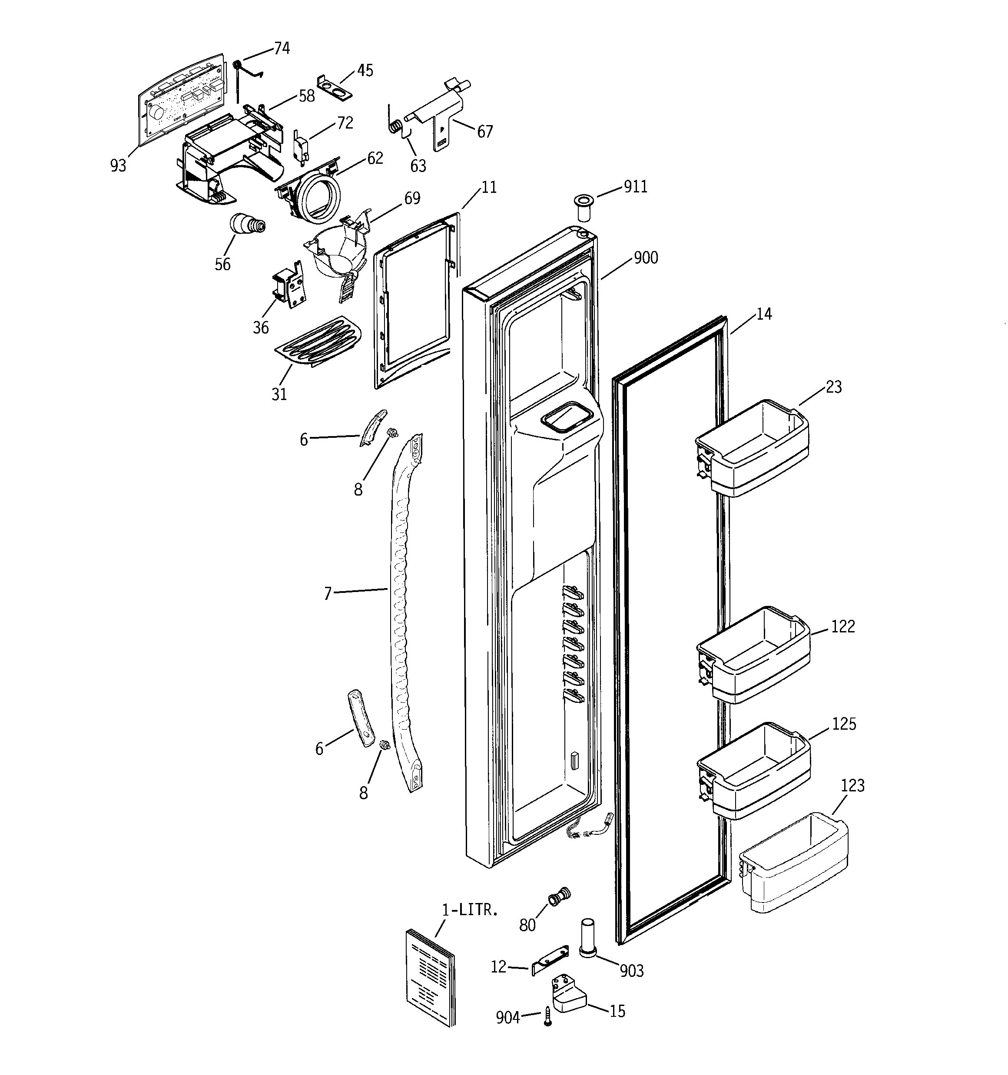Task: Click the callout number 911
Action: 635,187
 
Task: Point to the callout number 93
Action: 118,165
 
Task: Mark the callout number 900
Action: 646,258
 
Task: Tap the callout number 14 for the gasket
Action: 763,314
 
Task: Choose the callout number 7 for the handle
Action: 327,594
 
